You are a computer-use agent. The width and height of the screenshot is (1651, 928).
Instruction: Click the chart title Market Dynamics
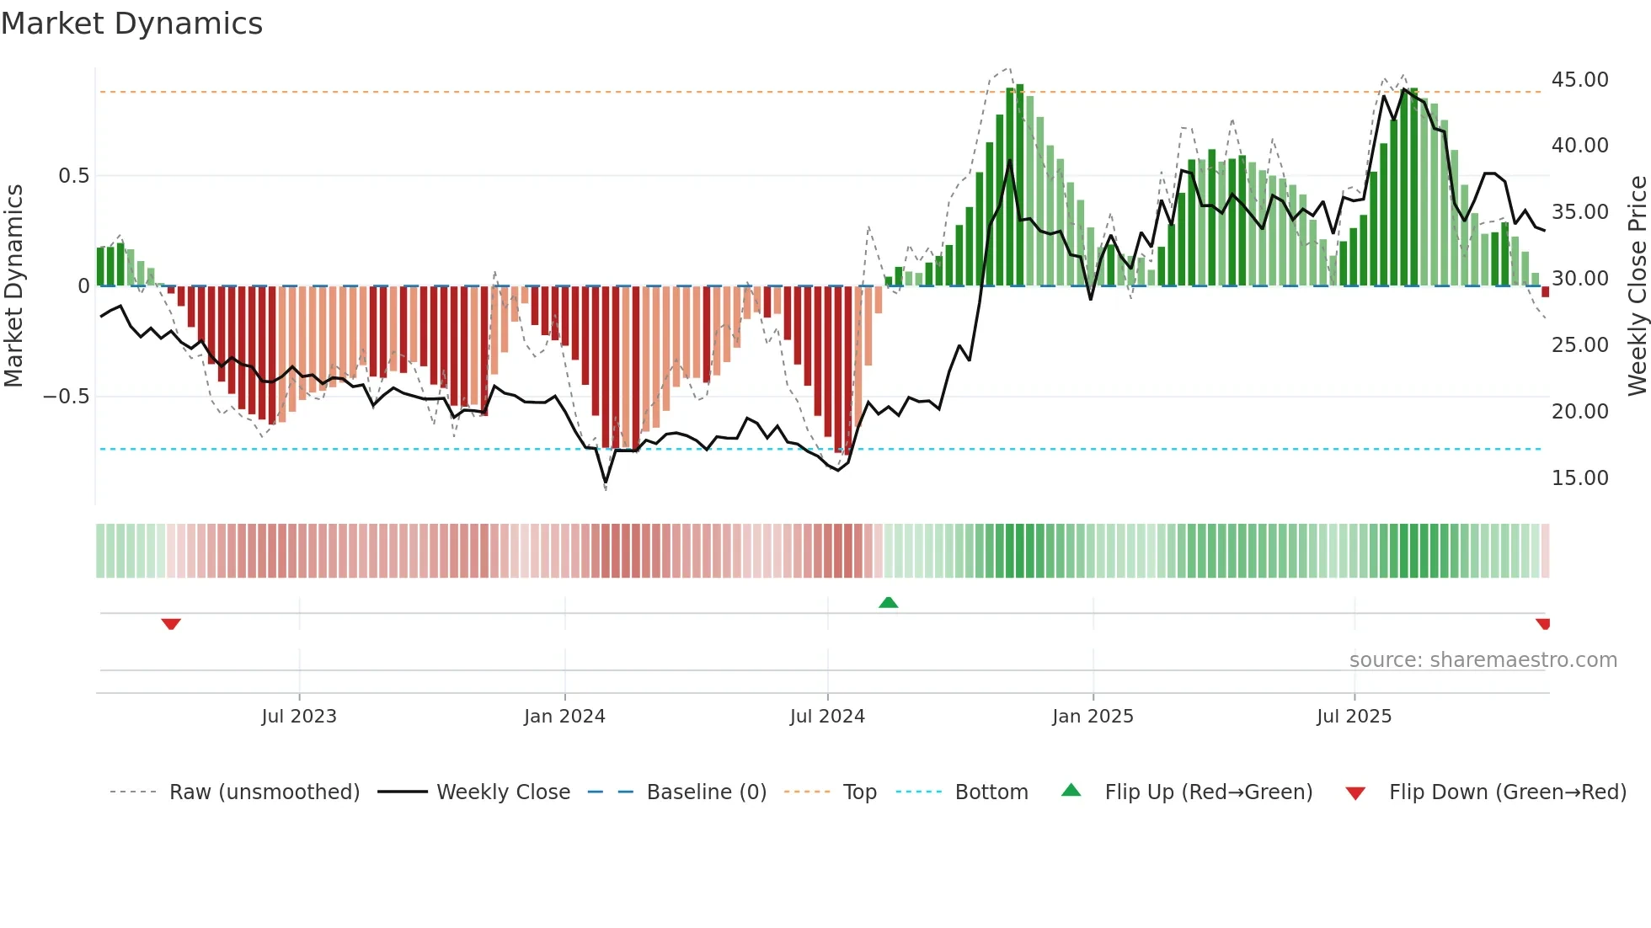[x=132, y=24]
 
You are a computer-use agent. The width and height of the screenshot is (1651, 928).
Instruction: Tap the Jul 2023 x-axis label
[x=299, y=717]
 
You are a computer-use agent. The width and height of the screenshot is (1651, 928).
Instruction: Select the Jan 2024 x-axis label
[x=564, y=717]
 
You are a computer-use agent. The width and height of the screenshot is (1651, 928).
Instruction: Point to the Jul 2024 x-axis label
[x=827, y=717]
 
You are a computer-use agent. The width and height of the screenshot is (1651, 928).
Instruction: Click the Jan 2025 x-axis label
[x=1093, y=717]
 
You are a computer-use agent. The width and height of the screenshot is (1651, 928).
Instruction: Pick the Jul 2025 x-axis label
[x=1354, y=717]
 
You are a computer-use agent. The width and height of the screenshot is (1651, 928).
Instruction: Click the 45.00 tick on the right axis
[x=1579, y=80]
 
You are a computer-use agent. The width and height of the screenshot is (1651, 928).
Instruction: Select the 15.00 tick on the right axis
[x=1579, y=478]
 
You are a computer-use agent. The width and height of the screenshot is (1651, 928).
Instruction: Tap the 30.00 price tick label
[x=1579, y=279]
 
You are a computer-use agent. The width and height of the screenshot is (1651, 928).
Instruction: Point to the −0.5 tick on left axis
[x=67, y=397]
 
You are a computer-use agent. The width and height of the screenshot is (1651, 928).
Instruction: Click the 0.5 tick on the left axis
[x=73, y=176]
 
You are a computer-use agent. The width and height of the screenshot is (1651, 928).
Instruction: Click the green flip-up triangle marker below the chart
[x=888, y=602]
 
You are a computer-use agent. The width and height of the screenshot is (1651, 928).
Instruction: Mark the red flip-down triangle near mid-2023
[x=171, y=624]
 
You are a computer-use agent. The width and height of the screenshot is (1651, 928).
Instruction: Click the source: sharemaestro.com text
[x=1483, y=660]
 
